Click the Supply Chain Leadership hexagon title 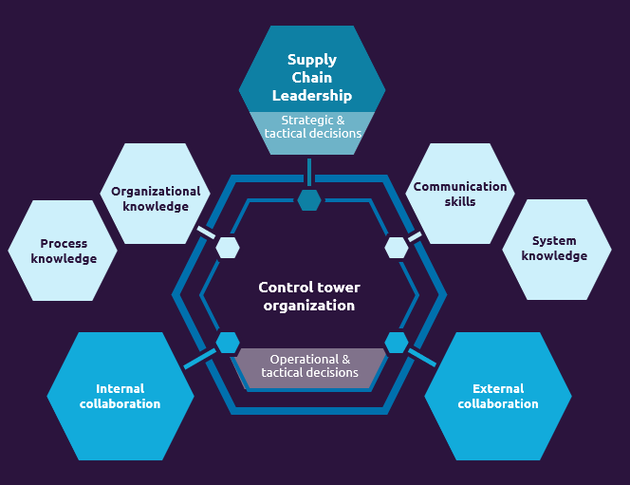click(312, 78)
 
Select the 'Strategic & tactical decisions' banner click(312, 127)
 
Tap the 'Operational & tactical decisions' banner click(310, 366)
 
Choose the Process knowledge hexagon click(64, 251)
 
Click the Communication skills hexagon click(460, 194)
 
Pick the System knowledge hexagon click(555, 249)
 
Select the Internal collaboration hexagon click(120, 396)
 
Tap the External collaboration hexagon click(498, 396)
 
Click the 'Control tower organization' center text click(309, 296)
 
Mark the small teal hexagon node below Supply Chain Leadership click(308, 200)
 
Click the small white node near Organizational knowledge click(228, 248)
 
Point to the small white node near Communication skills click(396, 248)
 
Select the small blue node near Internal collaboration click(228, 343)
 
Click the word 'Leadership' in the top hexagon click(312, 96)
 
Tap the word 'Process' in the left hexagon click(64, 244)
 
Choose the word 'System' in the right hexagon click(555, 241)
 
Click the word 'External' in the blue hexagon click(498, 388)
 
